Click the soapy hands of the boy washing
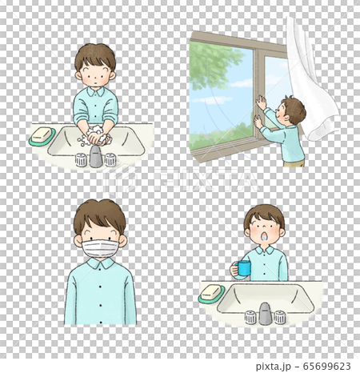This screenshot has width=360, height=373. click(x=95, y=136)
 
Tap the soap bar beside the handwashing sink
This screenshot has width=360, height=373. click(x=42, y=135)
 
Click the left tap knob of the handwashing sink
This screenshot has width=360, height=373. click(x=81, y=160)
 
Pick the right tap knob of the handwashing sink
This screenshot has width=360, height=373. click(x=110, y=159)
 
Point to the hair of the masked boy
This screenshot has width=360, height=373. click(x=99, y=215)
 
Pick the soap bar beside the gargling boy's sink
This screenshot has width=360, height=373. click(x=211, y=293)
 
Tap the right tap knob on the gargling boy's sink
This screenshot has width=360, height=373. click(x=280, y=317)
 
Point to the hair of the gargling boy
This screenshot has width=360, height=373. click(x=265, y=214)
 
